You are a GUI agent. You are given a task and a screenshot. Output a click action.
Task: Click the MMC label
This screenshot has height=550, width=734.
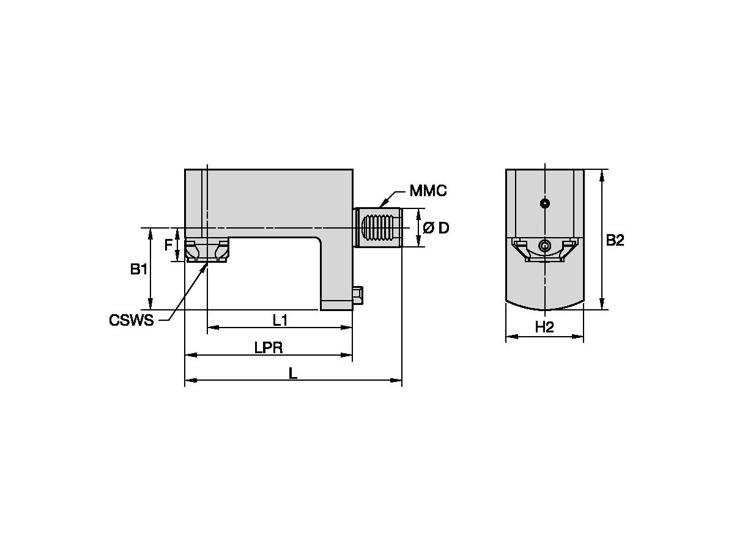[x=428, y=191]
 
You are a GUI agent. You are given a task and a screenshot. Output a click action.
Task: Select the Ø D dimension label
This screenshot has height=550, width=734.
[x=436, y=228]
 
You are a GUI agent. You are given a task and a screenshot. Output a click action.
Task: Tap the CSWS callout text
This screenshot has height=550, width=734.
[x=131, y=320]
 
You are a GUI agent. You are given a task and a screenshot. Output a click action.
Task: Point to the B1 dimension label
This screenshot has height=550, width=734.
[x=139, y=269]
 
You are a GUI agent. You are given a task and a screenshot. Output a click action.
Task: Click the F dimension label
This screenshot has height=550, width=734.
[x=168, y=246]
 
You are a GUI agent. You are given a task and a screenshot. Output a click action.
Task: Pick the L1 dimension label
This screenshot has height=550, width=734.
[x=280, y=320]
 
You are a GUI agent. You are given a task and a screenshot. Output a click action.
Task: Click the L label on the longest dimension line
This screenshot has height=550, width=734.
[x=293, y=373]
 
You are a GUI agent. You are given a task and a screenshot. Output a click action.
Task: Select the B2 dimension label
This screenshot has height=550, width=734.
[x=615, y=240]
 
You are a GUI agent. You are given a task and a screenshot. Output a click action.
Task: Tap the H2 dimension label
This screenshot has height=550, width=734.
[x=544, y=328]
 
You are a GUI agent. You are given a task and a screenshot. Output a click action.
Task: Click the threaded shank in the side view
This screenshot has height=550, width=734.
[x=378, y=228]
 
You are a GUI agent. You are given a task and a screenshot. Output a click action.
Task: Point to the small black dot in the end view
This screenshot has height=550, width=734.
[x=544, y=204]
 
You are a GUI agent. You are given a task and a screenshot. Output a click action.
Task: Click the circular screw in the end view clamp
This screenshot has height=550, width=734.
[x=544, y=246]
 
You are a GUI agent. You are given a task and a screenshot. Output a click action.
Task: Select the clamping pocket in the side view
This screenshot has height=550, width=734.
[x=207, y=251]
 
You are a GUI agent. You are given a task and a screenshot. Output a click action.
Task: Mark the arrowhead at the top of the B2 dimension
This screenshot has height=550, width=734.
[x=602, y=174]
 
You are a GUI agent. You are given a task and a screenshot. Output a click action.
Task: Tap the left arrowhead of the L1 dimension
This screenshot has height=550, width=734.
[x=212, y=328]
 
